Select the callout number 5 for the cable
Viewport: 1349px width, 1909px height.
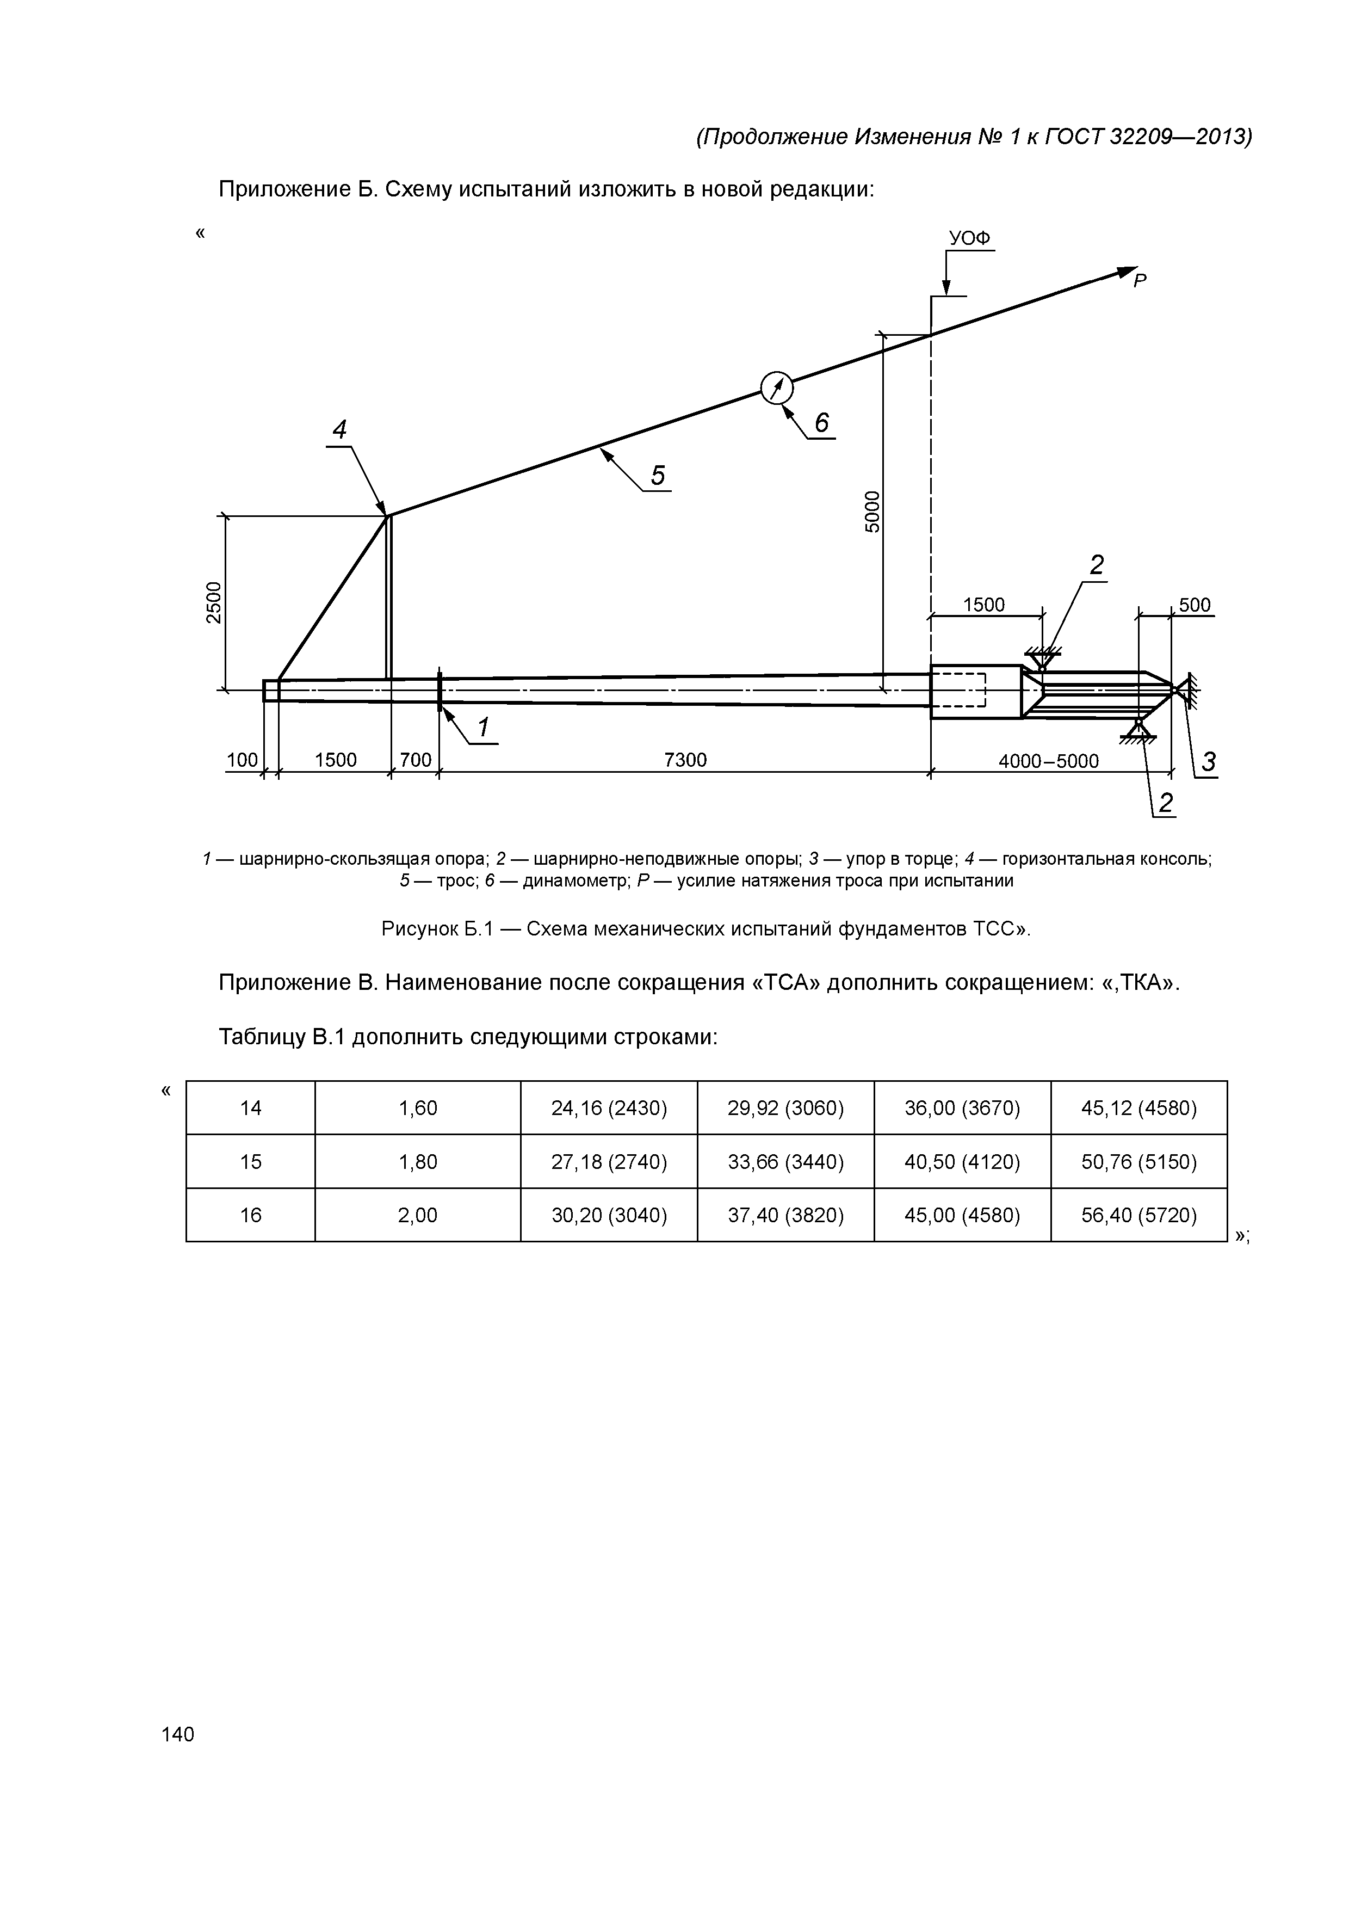[x=658, y=476]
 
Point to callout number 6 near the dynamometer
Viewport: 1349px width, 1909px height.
[x=821, y=423]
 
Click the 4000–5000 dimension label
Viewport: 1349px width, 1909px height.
[x=1048, y=762]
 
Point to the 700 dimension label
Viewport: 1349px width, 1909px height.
[x=416, y=760]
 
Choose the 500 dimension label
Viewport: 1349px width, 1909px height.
[x=1195, y=605]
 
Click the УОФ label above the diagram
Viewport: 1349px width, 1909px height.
[x=970, y=238]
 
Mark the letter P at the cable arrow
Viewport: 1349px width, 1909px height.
[x=1140, y=282]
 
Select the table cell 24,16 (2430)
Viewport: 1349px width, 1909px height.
[x=609, y=1109]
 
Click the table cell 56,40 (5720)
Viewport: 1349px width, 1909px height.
[x=1138, y=1216]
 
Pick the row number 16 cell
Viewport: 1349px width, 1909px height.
[x=250, y=1216]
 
